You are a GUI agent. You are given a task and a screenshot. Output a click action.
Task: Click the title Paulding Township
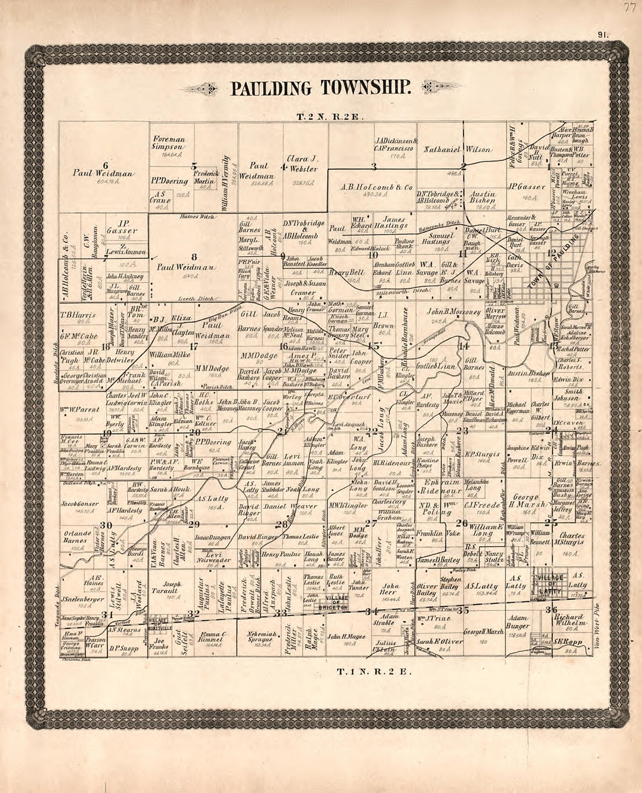(322, 88)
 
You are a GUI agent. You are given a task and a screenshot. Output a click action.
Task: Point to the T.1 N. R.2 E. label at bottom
(374, 671)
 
